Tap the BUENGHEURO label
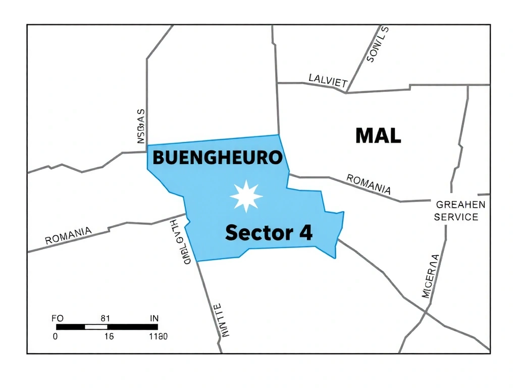(217, 158)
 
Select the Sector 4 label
(269, 233)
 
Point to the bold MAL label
(378, 135)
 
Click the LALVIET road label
(328, 81)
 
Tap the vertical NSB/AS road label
(141, 126)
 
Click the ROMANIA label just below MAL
(369, 184)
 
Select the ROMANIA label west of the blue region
(69, 235)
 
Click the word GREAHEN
(460, 205)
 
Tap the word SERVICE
(456, 217)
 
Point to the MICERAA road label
(430, 276)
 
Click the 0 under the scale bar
(56, 336)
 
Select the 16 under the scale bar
(109, 336)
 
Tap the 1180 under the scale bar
(158, 336)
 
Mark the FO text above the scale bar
(58, 318)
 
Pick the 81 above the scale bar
(105, 318)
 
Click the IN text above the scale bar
(154, 318)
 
